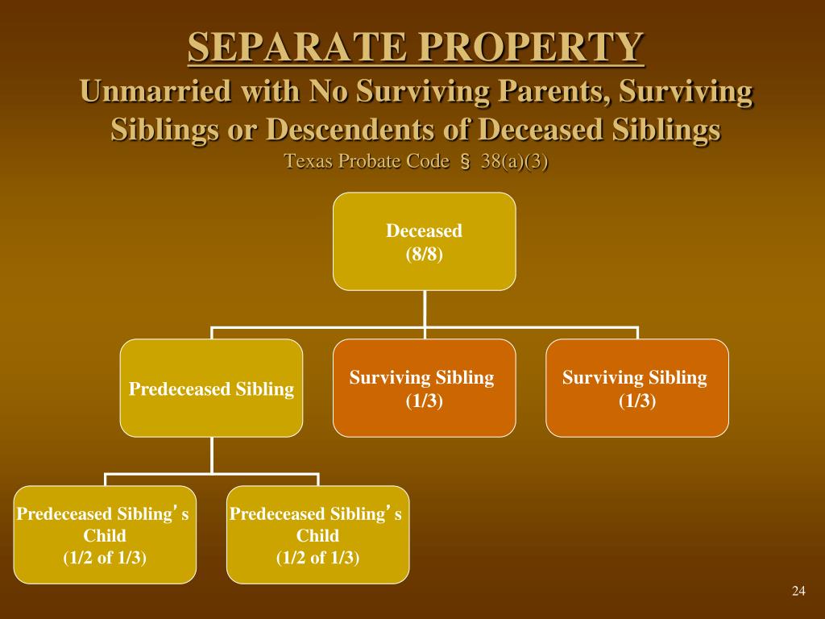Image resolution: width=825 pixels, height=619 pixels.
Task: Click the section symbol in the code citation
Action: (465, 161)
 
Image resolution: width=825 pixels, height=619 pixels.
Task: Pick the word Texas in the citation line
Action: (309, 161)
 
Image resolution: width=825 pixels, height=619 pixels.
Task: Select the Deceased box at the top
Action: (425, 241)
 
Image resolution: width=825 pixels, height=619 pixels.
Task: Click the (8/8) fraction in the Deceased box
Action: (425, 255)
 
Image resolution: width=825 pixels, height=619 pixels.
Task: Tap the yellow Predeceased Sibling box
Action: (211, 388)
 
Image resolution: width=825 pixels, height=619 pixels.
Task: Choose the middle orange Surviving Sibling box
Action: (425, 388)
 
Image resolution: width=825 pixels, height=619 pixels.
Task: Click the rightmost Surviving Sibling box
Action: (636, 388)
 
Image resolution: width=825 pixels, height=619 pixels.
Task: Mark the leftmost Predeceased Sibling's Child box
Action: (105, 534)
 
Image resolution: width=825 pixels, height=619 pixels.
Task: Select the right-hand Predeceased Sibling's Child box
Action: (317, 534)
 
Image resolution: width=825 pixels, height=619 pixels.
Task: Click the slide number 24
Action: (798, 592)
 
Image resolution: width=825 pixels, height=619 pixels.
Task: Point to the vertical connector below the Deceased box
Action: (425, 309)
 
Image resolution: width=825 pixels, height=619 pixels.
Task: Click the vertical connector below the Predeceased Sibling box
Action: (211, 455)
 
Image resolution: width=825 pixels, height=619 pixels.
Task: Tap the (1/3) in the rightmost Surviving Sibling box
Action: (636, 401)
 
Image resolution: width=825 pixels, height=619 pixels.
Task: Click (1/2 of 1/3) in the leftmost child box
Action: (105, 557)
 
